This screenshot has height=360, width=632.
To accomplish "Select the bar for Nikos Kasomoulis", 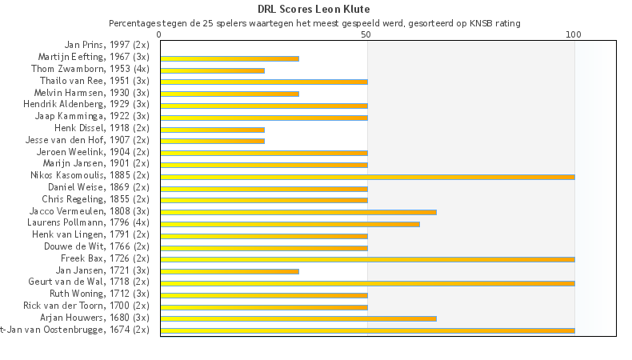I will tap(367, 177).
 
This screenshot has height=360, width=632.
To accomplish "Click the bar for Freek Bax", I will tap(367, 259).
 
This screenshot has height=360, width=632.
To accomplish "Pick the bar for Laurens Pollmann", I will tap(290, 224).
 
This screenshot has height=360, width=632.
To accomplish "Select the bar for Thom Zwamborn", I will tap(212, 70).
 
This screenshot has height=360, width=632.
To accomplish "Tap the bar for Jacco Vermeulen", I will tap(298, 212).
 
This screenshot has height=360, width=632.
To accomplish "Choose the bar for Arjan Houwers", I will tap(298, 318).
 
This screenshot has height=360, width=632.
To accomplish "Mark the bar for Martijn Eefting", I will tap(230, 58).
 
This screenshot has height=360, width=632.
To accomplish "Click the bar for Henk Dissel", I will tap(212, 130).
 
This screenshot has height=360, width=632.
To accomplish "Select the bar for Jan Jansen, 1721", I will tap(230, 271).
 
